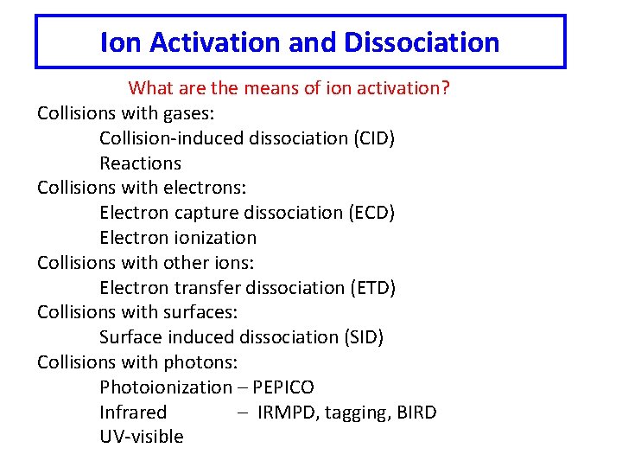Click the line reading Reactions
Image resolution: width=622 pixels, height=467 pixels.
140,163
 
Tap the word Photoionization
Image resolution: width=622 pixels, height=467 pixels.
166,387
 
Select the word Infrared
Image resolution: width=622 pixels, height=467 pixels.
133,413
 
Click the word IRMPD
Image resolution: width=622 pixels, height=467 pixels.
288,413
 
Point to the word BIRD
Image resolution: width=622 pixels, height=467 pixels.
416,413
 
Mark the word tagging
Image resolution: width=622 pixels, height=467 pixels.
359,413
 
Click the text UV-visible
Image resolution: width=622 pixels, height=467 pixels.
142,437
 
